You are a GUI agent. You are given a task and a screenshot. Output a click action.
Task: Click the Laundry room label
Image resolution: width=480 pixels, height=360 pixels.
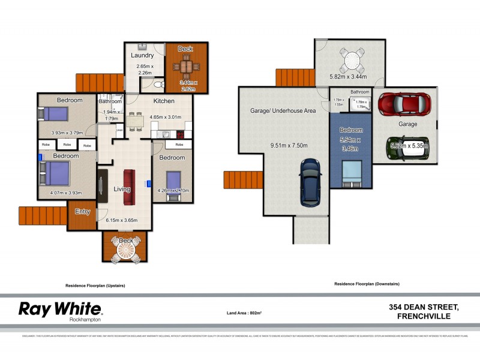[143, 55]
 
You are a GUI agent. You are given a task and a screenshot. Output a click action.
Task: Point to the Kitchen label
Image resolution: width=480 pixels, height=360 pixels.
[164, 101]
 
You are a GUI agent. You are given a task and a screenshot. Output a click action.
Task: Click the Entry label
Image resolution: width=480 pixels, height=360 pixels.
[82, 211]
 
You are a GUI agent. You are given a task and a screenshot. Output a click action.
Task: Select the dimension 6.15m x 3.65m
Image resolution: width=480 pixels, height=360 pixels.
[122, 220]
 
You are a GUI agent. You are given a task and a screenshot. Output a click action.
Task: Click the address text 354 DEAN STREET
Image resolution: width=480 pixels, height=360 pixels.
[423, 307]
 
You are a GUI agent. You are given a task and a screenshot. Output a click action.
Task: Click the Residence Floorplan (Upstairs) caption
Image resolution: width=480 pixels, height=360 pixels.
[99, 286]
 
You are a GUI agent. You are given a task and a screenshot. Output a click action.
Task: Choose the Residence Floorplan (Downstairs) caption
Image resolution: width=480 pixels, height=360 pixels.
[367, 283]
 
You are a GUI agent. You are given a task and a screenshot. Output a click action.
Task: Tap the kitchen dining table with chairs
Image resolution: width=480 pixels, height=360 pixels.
[137, 119]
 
